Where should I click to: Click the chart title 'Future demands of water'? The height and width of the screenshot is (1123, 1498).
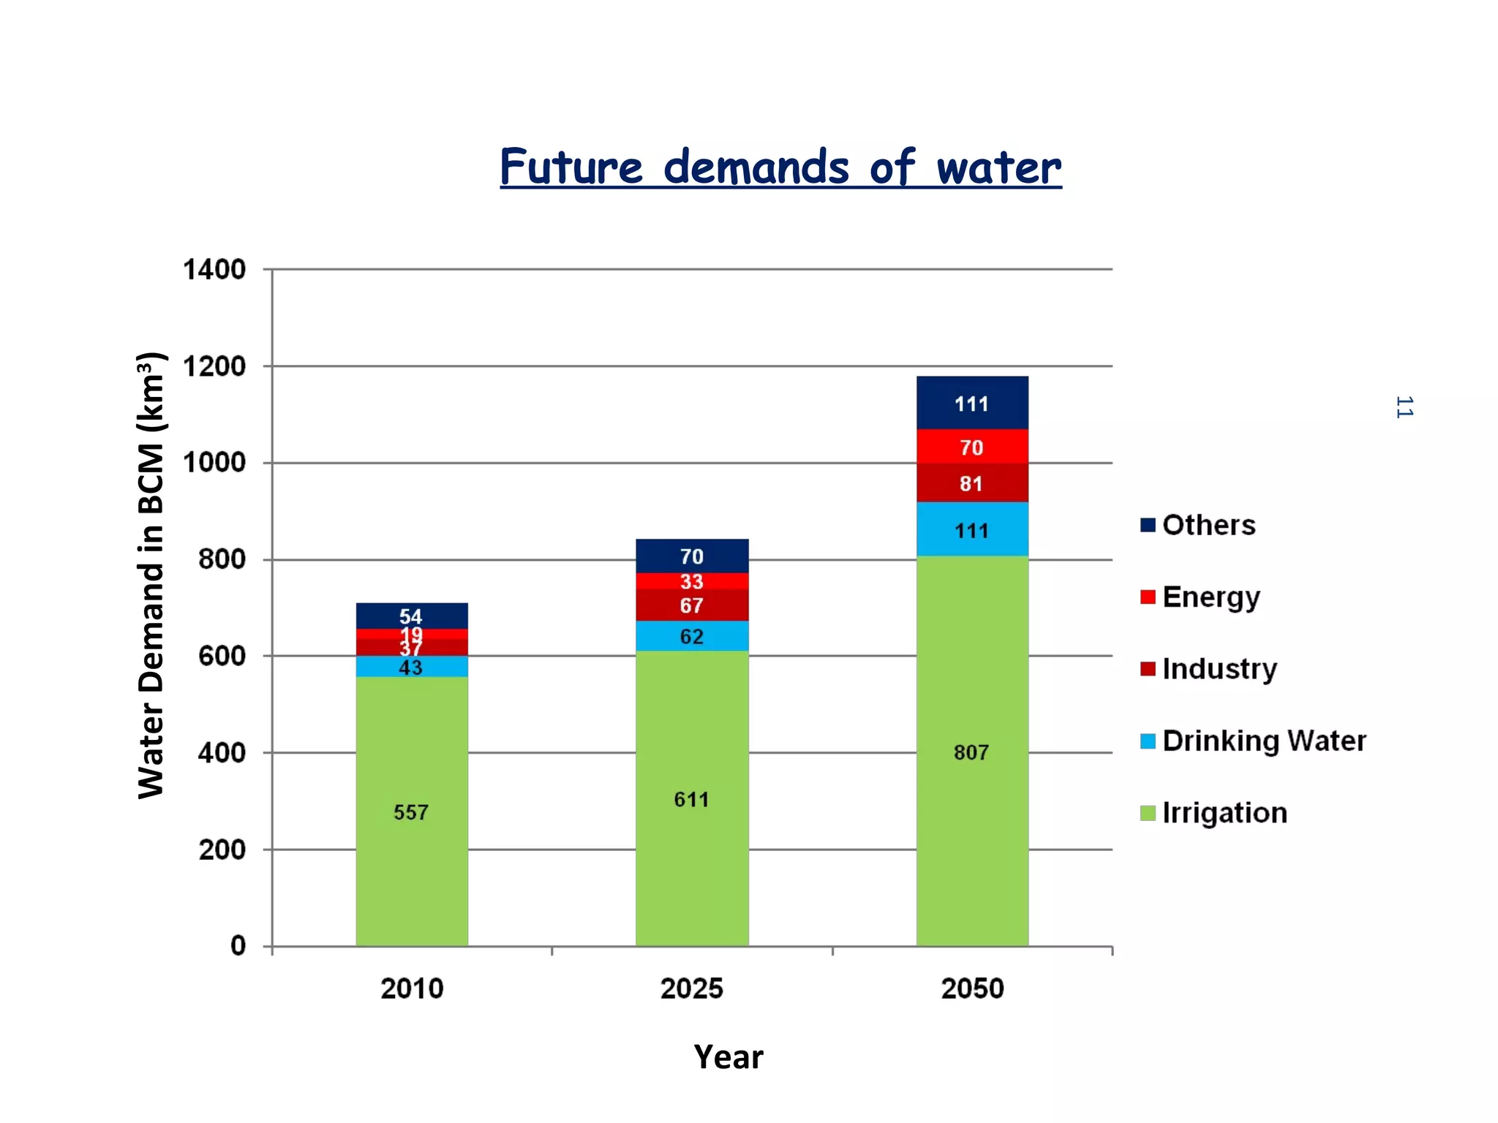780,167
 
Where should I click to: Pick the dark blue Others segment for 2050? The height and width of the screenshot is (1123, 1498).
971,403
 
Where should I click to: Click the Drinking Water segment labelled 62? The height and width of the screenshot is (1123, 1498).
691,636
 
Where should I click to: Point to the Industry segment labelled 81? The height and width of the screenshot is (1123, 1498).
971,483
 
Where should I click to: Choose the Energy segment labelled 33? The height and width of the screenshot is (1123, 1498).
691,581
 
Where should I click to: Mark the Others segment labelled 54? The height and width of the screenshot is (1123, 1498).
411,616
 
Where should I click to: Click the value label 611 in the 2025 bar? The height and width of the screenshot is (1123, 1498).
691,799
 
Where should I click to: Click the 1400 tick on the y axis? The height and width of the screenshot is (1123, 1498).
214,270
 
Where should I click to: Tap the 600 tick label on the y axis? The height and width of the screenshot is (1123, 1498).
222,656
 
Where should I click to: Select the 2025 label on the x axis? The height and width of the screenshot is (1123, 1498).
691,988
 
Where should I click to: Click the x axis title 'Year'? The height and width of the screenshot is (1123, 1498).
728,1057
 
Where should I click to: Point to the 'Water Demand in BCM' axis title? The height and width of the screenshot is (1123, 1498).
151,575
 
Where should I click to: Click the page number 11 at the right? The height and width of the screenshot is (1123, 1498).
1404,407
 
